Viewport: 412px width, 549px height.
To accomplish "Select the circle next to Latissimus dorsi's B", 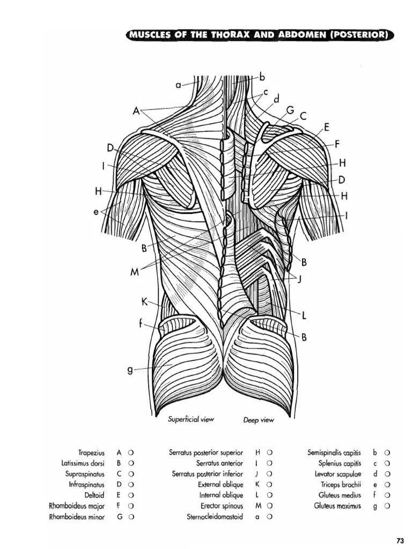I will (x=131, y=463).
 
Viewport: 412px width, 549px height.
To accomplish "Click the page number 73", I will (x=399, y=539).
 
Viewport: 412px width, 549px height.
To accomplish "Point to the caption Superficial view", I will (x=191, y=419).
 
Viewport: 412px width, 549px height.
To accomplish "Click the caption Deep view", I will (x=258, y=420).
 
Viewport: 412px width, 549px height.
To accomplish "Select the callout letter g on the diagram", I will (x=129, y=369).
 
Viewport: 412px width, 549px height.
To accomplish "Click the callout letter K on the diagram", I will (x=144, y=302).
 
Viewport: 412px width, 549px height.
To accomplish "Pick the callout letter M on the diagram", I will (x=135, y=272).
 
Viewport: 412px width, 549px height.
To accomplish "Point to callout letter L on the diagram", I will (x=304, y=316).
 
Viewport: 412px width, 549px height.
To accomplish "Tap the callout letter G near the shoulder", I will (x=290, y=110).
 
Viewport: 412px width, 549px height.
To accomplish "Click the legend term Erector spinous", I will (x=222, y=506).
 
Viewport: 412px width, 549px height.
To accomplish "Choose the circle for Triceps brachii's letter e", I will (x=387, y=485).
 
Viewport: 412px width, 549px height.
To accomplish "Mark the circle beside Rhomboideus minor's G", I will (x=131, y=517).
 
